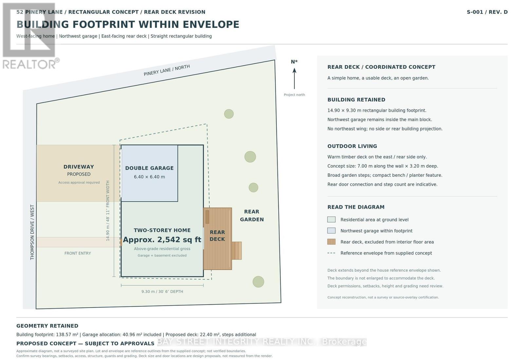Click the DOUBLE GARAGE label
click(x=149, y=168)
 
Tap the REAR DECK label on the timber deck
click(x=217, y=236)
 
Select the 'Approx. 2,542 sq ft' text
click(x=162, y=240)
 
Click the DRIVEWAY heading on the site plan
click(x=79, y=167)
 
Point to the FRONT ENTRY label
click(x=78, y=253)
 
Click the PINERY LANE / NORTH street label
click(x=167, y=70)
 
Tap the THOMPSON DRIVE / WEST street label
click(x=32, y=232)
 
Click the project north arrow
click(x=294, y=79)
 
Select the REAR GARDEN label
click(x=252, y=216)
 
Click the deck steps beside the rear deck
click(x=236, y=251)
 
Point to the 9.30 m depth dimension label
click(x=162, y=292)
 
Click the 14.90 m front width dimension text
click(x=108, y=211)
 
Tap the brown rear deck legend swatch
click(x=331, y=242)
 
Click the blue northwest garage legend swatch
click(x=331, y=230)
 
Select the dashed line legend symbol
click(x=331, y=253)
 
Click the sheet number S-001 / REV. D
click(x=487, y=12)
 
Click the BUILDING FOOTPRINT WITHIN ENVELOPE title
click(x=128, y=25)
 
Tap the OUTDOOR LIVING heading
click(x=352, y=146)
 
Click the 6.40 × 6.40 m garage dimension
click(x=149, y=177)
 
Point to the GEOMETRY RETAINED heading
click(x=47, y=326)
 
